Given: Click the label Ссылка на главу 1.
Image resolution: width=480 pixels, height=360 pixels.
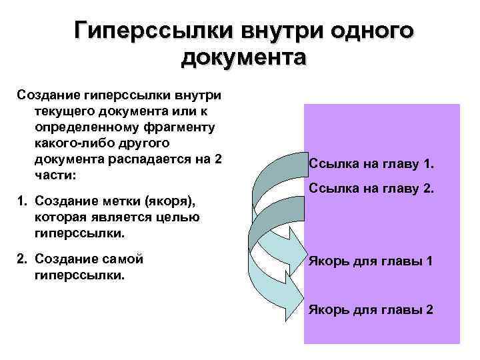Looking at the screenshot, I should [371, 164].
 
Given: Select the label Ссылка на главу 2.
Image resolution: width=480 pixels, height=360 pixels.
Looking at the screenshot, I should [372, 191].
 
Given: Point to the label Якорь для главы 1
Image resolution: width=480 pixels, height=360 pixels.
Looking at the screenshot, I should [371, 261].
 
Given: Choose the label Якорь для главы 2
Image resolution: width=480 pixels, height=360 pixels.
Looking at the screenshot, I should [371, 310].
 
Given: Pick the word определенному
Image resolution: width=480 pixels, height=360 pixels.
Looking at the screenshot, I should [79, 127].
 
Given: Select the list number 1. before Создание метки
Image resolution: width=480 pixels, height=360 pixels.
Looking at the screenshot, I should [21, 200].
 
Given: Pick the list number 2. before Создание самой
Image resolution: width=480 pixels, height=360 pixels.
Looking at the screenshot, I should [21, 258].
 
